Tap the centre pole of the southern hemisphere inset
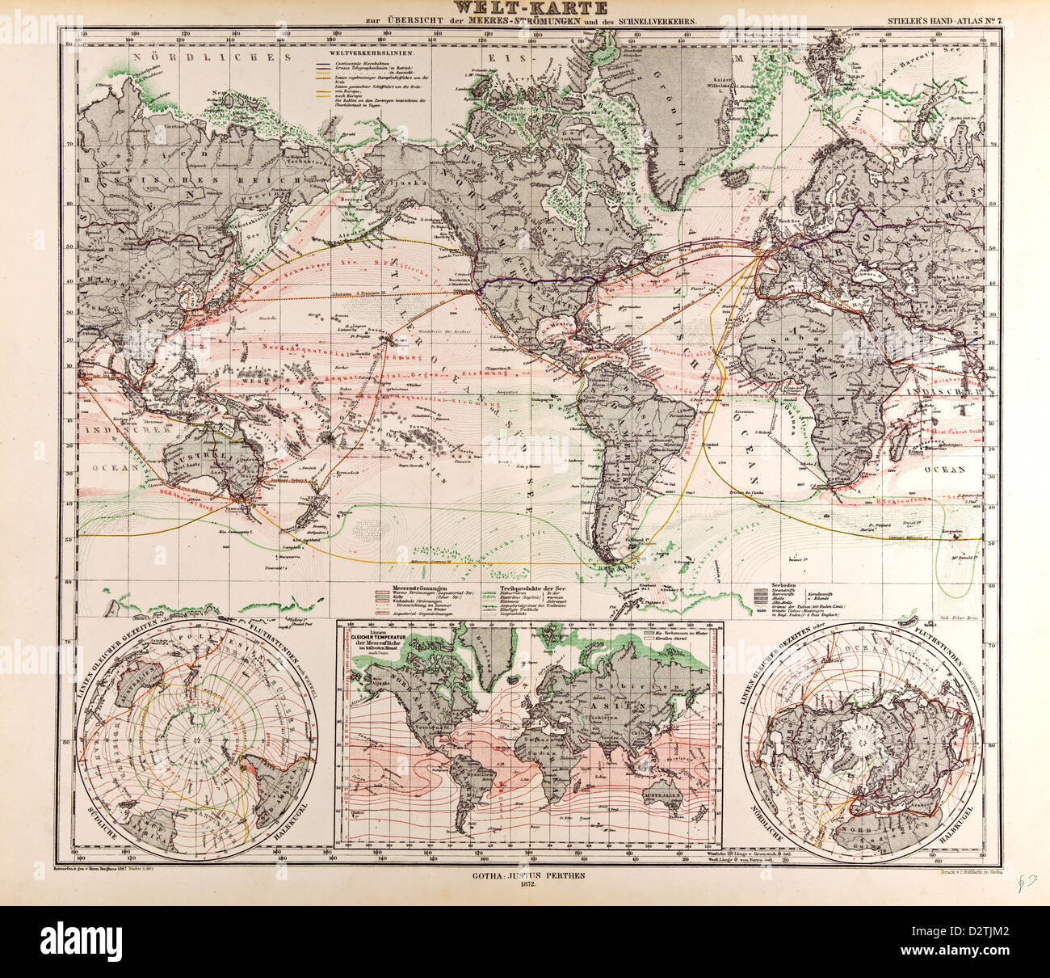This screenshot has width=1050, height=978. (x=194, y=736)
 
